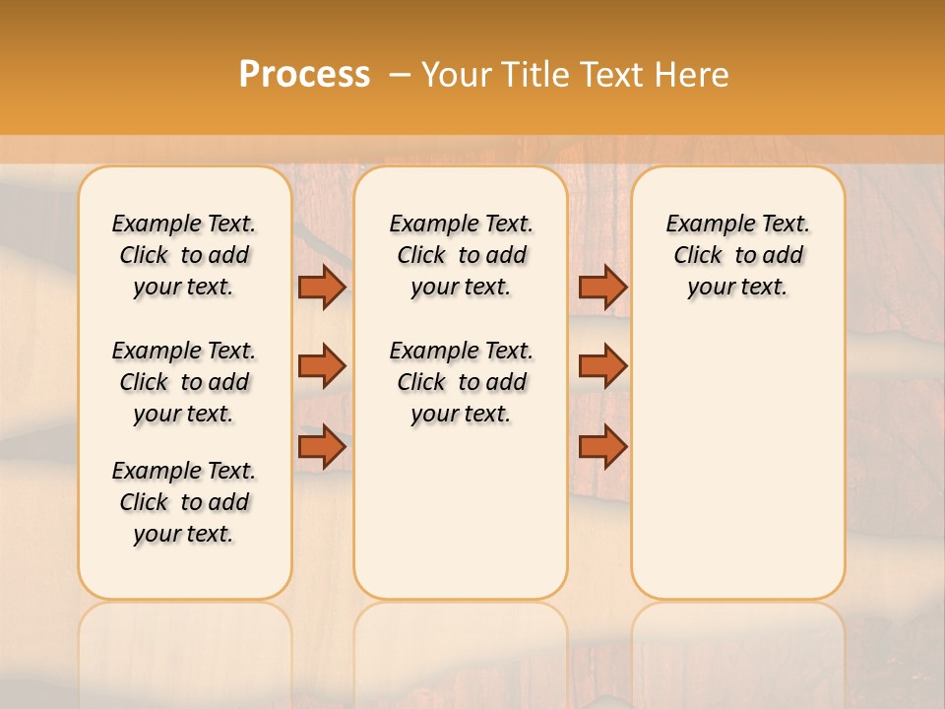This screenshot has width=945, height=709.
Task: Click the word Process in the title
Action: (304, 75)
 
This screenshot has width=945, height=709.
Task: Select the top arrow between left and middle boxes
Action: (322, 287)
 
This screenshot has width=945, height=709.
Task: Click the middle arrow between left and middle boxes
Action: (322, 366)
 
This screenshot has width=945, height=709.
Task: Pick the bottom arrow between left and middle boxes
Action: (322, 447)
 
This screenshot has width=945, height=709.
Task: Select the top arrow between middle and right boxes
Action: (602, 287)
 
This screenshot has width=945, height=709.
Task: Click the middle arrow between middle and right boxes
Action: (602, 366)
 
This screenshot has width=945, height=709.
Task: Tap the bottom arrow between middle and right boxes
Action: (602, 447)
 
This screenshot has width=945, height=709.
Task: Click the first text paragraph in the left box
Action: (184, 255)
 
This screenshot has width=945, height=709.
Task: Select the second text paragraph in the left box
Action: (184, 382)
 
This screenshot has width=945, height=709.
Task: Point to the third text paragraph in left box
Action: (184, 502)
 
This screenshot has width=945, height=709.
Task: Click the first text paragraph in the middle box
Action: (461, 255)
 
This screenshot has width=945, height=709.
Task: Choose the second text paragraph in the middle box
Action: (461, 382)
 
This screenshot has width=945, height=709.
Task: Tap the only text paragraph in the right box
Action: (737, 255)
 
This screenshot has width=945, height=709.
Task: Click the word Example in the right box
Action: (703, 225)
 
